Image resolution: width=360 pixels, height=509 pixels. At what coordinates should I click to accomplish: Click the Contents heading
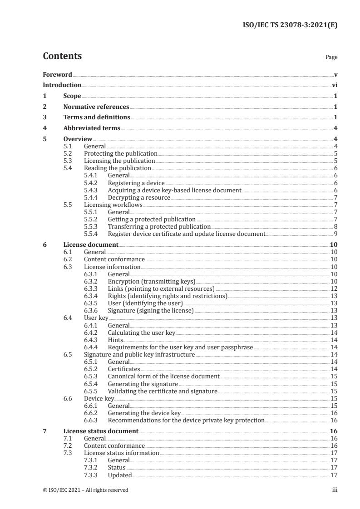pyautogui.click(x=62, y=56)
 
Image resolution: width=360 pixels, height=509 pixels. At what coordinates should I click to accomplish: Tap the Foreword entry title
pyautogui.click(x=57, y=74)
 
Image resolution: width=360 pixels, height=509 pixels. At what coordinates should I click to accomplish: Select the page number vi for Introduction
pyautogui.click(x=334, y=85)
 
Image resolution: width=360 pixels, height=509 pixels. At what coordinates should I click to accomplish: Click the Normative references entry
pyautogui.click(x=96, y=107)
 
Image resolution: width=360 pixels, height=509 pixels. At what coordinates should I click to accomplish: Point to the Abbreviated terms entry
pyautogui.click(x=92, y=128)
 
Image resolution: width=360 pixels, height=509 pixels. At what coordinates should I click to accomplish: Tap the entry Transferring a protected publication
pyautogui.click(x=159, y=226)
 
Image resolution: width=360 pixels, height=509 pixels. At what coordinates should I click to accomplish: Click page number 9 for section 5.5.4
pyautogui.click(x=335, y=234)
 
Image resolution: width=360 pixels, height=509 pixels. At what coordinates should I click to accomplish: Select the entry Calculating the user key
pyautogui.click(x=141, y=333)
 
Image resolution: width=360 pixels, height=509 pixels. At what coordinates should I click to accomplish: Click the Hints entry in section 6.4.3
pyautogui.click(x=115, y=340)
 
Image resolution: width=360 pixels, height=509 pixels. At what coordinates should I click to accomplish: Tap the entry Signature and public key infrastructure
pyautogui.click(x=139, y=354)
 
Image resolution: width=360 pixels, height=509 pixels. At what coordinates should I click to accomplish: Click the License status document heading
pyautogui.click(x=101, y=431)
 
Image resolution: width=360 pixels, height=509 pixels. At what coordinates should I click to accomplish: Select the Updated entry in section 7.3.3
pyautogui.click(x=119, y=475)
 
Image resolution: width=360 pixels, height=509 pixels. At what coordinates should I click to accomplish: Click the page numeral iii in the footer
pyautogui.click(x=335, y=490)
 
